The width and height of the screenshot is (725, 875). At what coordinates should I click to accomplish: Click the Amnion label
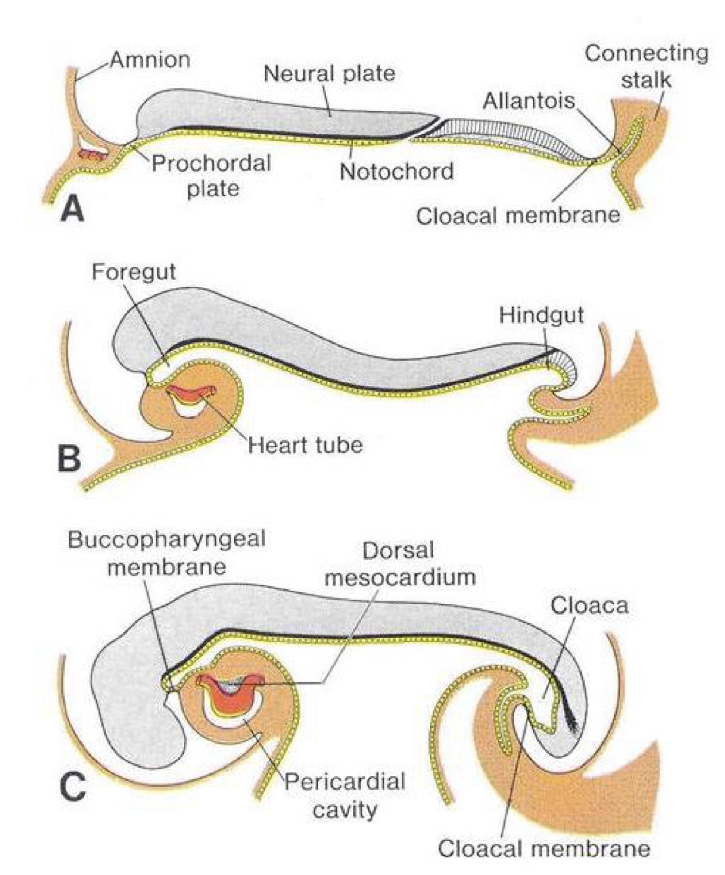click(x=150, y=60)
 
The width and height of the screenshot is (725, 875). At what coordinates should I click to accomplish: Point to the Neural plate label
click(x=330, y=73)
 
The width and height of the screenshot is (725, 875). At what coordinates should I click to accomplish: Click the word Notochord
click(x=397, y=171)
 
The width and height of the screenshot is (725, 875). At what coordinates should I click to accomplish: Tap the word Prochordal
click(x=211, y=163)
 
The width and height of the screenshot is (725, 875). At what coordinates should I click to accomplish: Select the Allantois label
click(x=529, y=101)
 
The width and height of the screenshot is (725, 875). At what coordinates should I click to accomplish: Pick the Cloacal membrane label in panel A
click(x=518, y=216)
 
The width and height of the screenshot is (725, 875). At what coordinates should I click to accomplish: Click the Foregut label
click(x=134, y=271)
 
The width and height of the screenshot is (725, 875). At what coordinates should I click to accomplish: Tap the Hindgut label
click(x=541, y=315)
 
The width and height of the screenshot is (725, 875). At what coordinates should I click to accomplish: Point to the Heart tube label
click(x=305, y=445)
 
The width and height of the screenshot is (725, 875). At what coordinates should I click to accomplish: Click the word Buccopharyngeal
click(x=167, y=540)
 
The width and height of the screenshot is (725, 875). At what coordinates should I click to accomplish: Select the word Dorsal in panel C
click(x=398, y=551)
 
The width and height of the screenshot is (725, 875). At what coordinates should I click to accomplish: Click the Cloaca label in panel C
click(x=589, y=606)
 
